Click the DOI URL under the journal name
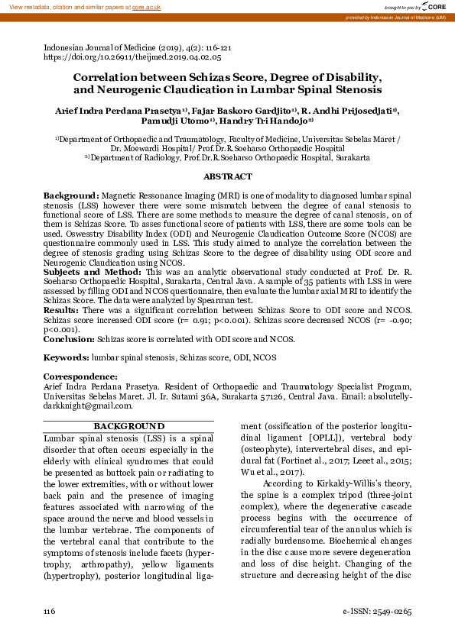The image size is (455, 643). [132, 57]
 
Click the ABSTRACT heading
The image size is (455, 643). [227, 176]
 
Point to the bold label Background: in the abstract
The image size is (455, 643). [71, 196]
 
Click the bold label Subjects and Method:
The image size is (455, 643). [92, 271]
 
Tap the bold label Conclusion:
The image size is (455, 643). [69, 338]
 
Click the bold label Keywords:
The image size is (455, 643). [67, 357]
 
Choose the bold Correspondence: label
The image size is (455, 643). [80, 376]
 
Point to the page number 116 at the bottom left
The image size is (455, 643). [50, 612]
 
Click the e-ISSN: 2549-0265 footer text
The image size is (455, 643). [377, 612]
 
